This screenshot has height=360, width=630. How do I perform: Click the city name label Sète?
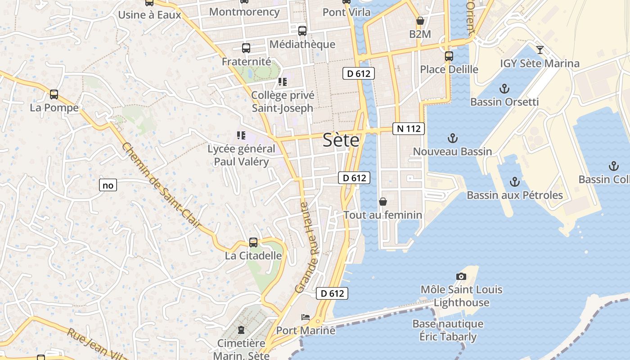click(x=341, y=140)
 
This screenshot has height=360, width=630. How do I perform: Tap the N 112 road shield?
click(x=409, y=129)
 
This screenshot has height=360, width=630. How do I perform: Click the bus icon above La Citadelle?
click(x=253, y=243)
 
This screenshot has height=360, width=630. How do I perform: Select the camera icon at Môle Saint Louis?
click(x=461, y=276)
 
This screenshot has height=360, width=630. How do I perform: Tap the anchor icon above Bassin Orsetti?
click(x=504, y=88)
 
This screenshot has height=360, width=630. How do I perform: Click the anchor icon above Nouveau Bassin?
click(x=453, y=138)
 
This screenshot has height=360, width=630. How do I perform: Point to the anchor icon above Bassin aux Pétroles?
click(x=514, y=182)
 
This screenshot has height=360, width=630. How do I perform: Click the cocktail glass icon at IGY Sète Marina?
click(x=540, y=49)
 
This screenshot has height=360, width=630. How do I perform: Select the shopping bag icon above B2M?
click(x=420, y=21)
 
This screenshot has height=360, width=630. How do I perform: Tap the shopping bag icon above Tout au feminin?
click(x=383, y=202)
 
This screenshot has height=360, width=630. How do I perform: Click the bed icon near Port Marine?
click(x=306, y=317)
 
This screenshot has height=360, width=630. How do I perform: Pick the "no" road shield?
click(x=108, y=185)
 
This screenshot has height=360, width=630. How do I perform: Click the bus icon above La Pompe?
click(x=54, y=94)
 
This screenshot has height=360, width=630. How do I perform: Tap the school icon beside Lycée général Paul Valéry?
click(x=241, y=135)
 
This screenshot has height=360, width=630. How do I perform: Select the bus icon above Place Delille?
click(x=449, y=56)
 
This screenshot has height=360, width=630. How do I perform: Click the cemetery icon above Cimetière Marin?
click(x=241, y=330)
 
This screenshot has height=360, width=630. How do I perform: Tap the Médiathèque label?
click(x=302, y=44)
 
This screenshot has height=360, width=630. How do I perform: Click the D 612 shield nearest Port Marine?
click(x=332, y=293)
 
